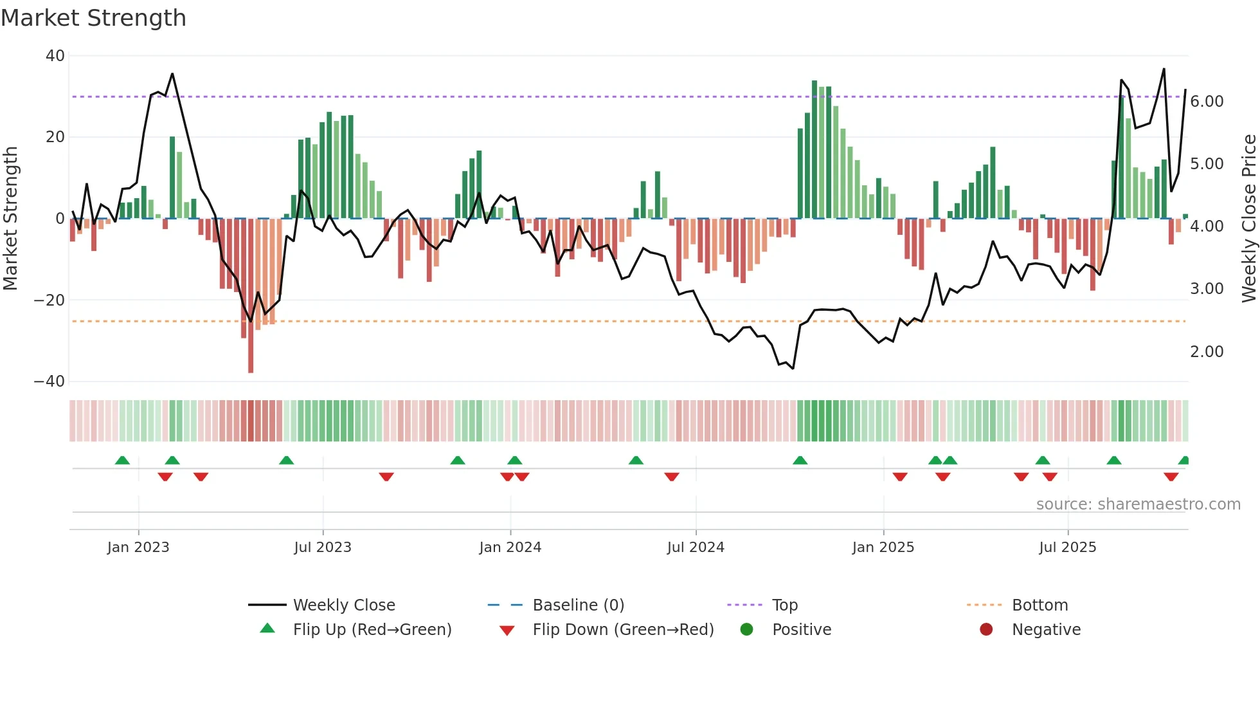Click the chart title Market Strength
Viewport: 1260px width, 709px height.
[93, 18]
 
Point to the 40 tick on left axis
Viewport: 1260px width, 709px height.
[55, 56]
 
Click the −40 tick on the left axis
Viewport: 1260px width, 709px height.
[50, 382]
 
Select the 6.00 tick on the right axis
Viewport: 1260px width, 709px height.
[1207, 102]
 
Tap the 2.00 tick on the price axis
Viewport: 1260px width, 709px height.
[1207, 352]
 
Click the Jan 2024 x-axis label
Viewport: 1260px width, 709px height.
[510, 548]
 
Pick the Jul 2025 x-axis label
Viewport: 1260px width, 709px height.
[1068, 548]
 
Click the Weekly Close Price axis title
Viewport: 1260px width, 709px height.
[1248, 219]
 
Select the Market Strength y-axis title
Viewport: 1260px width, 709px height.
[11, 219]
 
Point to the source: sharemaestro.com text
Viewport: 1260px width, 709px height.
[1138, 504]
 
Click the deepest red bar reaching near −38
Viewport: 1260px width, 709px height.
[251, 296]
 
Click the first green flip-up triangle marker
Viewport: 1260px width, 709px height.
[122, 460]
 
